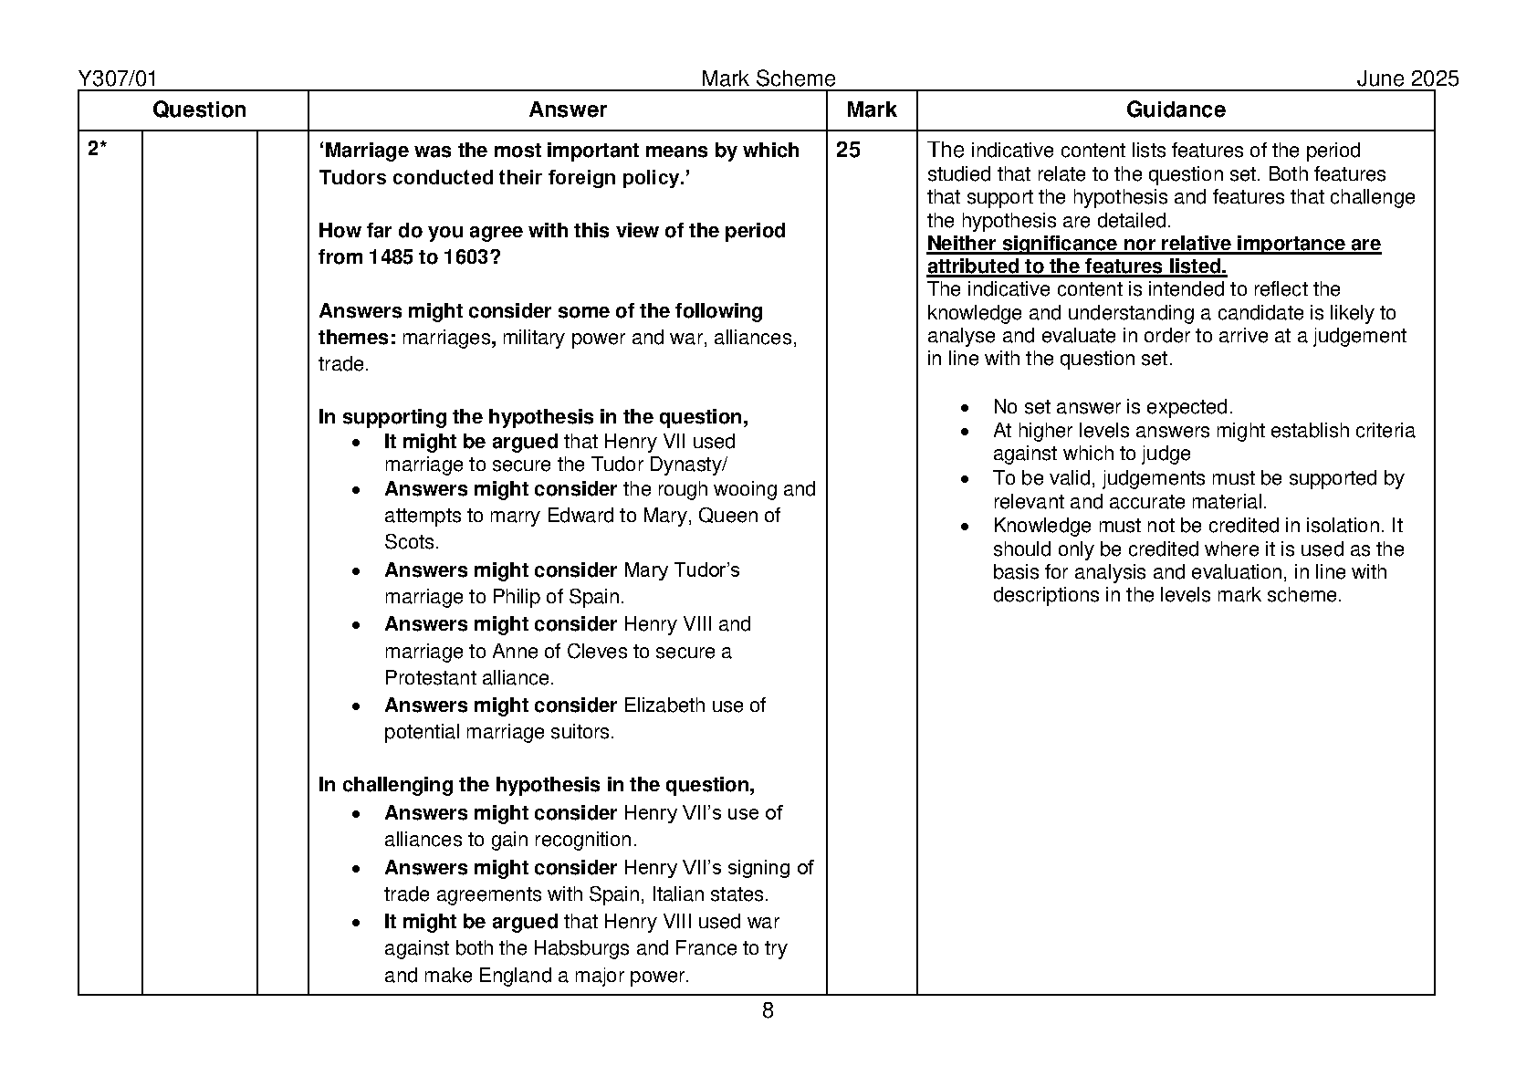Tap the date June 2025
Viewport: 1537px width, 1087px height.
(x=1406, y=79)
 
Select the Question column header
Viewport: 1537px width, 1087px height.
(x=199, y=110)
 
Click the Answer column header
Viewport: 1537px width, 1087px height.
(x=567, y=110)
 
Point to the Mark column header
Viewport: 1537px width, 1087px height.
(x=871, y=110)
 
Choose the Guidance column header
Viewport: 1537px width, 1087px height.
(x=1175, y=110)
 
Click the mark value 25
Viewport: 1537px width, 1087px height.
(x=848, y=151)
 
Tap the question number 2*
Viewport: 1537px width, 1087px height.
(x=98, y=151)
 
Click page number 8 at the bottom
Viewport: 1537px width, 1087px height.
(x=768, y=1010)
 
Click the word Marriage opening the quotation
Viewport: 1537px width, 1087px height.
(x=366, y=151)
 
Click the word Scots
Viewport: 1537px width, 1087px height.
(x=411, y=542)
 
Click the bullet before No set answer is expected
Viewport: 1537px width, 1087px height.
(x=966, y=408)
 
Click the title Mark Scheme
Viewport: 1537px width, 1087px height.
(x=768, y=79)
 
